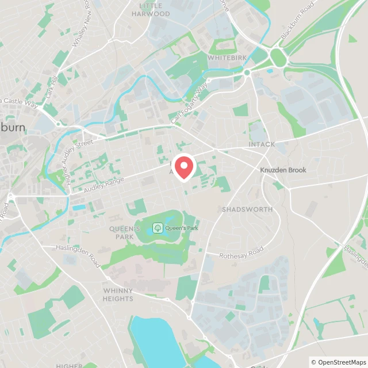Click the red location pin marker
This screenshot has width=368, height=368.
pos(184,167)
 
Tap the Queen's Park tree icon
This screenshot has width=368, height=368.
pos(158,228)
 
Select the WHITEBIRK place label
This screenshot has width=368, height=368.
pos(227,58)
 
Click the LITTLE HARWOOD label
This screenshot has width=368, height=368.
pos(151,9)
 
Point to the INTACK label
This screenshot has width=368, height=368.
pos(262,144)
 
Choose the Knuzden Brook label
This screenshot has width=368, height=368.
pos(283,170)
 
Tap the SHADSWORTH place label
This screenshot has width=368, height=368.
pos(247,209)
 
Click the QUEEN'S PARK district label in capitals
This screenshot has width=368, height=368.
pos(125,232)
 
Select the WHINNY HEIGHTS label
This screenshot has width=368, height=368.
pos(118,294)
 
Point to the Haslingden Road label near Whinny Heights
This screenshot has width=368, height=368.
pos(78,255)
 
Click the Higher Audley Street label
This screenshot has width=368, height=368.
pos(79,158)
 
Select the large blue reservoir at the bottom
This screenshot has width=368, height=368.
pos(155,339)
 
